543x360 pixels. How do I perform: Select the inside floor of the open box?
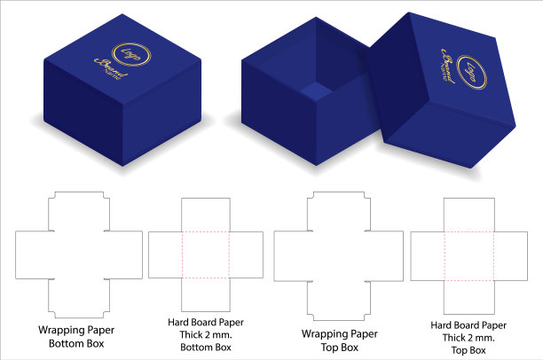coord(315,90)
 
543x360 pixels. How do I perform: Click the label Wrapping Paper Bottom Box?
coord(77,334)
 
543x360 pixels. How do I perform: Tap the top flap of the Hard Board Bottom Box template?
coord(206,216)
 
